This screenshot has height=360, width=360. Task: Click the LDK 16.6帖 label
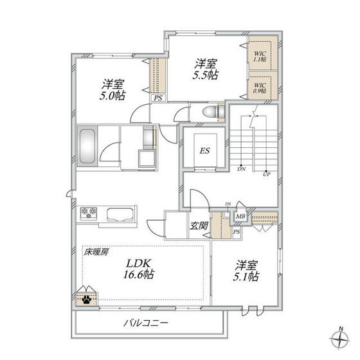tap(139, 268)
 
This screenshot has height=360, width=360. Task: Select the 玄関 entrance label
tap(198, 226)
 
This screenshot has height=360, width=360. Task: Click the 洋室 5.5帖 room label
tap(206, 68)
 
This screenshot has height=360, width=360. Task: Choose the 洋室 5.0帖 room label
tap(113, 89)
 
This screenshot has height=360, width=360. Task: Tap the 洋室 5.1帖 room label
tap(246, 270)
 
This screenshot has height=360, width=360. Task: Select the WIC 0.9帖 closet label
tap(260, 87)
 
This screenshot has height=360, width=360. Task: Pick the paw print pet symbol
tap(85, 298)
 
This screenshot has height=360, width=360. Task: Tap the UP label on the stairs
tap(267, 173)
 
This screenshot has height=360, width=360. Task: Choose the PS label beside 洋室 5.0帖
tap(157, 98)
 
